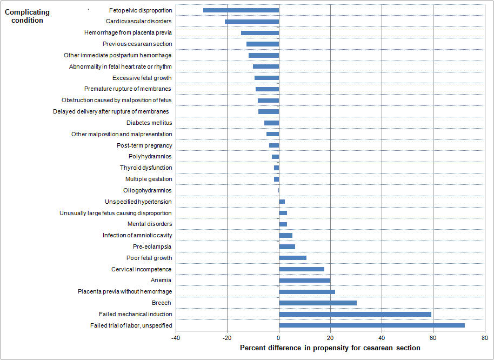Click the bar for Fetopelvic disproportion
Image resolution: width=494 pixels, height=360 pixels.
[241, 10]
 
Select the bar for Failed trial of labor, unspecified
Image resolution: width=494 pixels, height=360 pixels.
[372, 325]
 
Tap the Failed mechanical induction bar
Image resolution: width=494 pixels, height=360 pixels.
[355, 314]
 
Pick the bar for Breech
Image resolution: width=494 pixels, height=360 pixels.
[318, 303]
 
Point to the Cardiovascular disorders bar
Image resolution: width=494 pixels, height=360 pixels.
[252, 22]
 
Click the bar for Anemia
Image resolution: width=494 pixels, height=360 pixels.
[304, 281]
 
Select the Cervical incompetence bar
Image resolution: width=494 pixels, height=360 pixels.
[302, 269]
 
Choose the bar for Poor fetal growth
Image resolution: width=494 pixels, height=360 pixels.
[292, 258]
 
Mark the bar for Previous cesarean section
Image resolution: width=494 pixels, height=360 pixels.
[263, 44]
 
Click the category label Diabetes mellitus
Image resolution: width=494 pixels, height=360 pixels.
[149, 123]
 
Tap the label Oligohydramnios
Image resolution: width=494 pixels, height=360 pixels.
[148, 190]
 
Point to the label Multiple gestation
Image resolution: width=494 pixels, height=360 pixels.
[149, 179]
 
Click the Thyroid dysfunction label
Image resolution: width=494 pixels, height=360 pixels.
[146, 168]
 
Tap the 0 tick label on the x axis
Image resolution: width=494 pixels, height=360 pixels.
[279, 338]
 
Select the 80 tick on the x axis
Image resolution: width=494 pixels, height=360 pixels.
[484, 338]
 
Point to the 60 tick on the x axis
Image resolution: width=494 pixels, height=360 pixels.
[433, 338]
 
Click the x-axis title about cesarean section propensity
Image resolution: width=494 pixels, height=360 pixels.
[330, 348]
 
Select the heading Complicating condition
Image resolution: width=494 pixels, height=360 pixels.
[27, 16]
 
